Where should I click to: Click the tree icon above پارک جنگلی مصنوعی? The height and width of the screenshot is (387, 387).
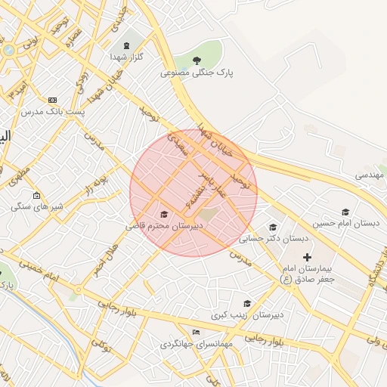(x=197, y=60)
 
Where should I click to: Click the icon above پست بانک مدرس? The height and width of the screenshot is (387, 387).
(x=52, y=100)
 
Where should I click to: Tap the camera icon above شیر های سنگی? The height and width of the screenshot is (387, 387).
(x=36, y=195)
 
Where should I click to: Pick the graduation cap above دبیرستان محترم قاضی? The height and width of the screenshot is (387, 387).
(x=164, y=215)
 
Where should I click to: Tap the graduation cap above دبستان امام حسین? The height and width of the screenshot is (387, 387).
(x=345, y=212)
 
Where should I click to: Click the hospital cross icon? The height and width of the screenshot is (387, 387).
(x=306, y=258)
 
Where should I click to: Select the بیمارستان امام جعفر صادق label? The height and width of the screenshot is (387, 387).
(x=312, y=274)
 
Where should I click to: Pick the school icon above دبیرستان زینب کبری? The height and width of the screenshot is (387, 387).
(x=246, y=303)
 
